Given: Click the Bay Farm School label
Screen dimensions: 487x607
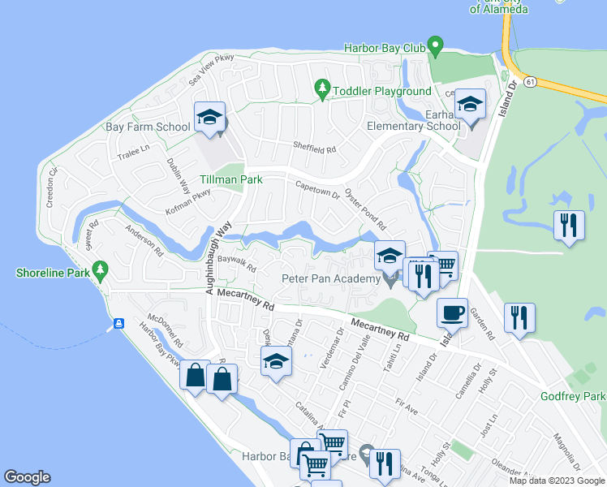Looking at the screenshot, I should coord(149,127).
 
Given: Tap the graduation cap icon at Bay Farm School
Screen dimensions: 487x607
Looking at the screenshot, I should coord(209,117).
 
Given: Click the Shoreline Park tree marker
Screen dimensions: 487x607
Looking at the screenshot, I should coord(101,269).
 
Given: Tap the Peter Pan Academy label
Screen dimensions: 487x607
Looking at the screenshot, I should coord(330,279).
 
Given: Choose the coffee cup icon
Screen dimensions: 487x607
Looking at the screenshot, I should coord(452,312).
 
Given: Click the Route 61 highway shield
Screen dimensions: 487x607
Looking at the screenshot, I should coord(530,82).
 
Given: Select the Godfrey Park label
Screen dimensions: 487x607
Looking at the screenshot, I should coord(573,396).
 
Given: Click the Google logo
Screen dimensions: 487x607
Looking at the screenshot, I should coord(27,477).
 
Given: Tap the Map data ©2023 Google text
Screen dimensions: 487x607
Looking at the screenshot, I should coord(557,481).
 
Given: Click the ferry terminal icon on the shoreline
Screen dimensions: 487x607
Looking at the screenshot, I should coord(118,324).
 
